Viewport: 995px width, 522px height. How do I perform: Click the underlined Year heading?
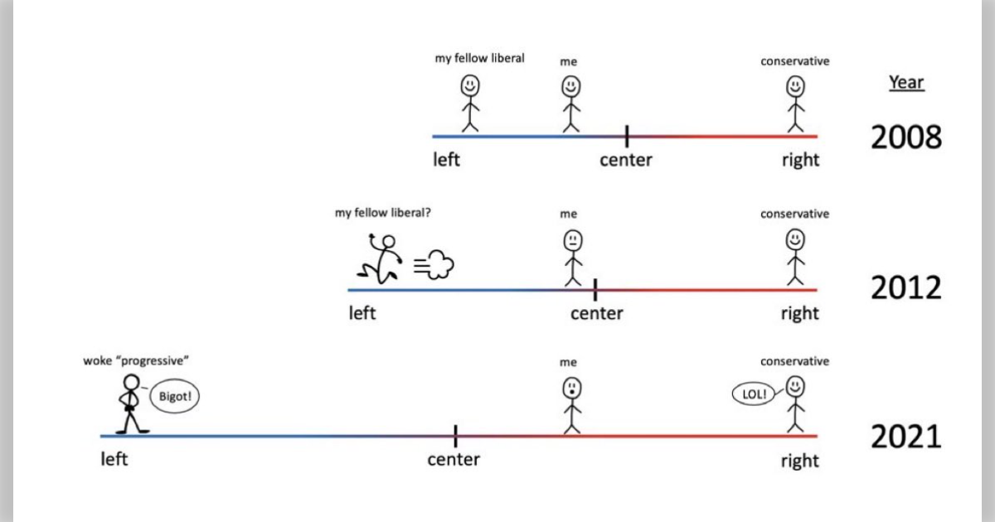[906, 83]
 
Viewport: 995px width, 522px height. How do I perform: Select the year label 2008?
[905, 137]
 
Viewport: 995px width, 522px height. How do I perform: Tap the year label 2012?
[905, 288]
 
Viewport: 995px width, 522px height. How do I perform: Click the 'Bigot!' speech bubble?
[174, 397]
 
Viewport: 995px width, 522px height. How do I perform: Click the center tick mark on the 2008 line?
[627, 136]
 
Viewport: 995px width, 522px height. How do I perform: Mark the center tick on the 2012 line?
[595, 289]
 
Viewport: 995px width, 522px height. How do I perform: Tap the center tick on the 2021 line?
[455, 435]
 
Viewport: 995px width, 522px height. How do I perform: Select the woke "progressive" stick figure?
[131, 404]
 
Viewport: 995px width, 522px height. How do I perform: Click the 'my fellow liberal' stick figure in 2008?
[470, 104]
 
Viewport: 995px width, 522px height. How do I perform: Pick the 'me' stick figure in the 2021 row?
[571, 405]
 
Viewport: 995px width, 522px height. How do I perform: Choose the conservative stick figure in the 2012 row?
[795, 258]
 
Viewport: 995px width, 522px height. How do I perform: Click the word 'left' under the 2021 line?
[114, 459]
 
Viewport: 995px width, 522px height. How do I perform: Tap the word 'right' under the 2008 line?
[799, 160]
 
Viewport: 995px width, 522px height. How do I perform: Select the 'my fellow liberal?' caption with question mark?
[382, 212]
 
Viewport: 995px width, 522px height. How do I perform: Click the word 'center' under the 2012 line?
[596, 313]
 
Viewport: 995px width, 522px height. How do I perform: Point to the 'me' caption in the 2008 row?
[568, 61]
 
